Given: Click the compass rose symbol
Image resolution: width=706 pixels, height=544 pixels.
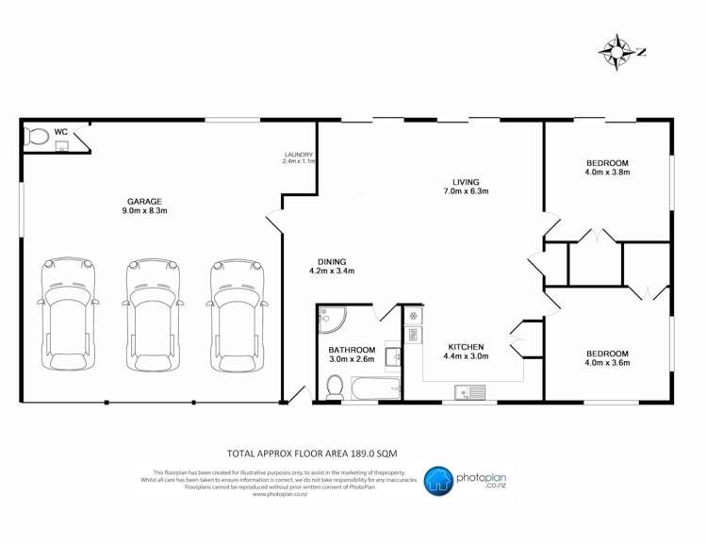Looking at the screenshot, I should coord(618,52).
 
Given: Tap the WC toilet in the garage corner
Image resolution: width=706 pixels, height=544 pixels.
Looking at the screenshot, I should coord(35,137).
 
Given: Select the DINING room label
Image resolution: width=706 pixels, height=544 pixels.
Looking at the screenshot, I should coord(331,266).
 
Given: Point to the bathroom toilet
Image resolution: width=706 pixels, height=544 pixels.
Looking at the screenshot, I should coord(334,386).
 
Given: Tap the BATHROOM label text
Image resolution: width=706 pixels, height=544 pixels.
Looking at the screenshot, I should coord(351,354).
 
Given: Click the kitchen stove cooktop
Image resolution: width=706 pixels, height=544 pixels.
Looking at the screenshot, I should coord(413,321).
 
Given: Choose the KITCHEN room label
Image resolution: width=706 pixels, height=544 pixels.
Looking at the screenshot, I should coord(467,351).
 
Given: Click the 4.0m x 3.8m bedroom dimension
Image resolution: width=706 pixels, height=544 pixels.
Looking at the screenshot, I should coord(606,173).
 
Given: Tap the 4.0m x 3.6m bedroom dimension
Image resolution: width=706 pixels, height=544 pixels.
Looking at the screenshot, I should coord(606,362).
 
